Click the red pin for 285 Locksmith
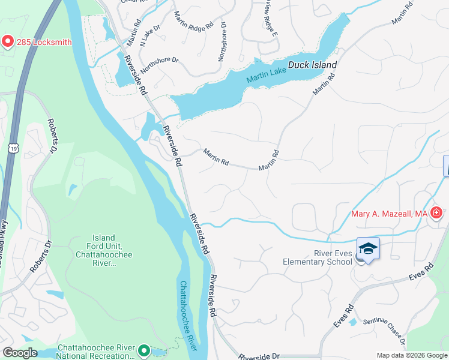click(8, 41)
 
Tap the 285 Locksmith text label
click(44, 42)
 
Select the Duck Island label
click(312, 65)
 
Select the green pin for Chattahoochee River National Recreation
click(144, 350)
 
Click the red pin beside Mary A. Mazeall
click(436, 213)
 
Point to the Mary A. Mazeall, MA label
click(389, 214)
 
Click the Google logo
click(20, 353)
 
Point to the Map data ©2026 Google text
click(411, 355)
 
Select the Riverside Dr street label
click(259, 356)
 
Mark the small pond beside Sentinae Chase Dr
click(353, 322)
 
